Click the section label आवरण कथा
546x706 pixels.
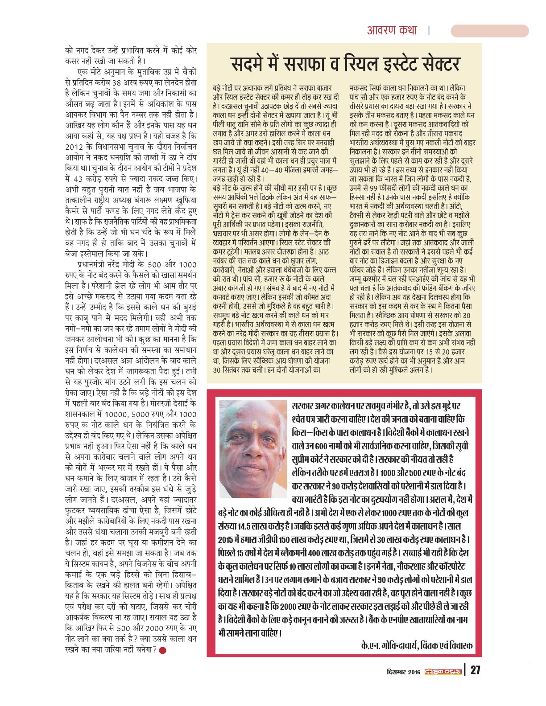click(x=392, y=30)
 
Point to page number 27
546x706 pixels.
click(x=476, y=670)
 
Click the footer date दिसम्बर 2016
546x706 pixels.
click(x=403, y=671)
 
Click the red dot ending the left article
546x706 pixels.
click(x=163, y=650)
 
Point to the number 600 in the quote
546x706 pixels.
click(x=321, y=446)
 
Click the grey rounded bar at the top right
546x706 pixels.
click(x=489, y=31)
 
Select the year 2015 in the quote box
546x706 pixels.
click(x=227, y=540)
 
